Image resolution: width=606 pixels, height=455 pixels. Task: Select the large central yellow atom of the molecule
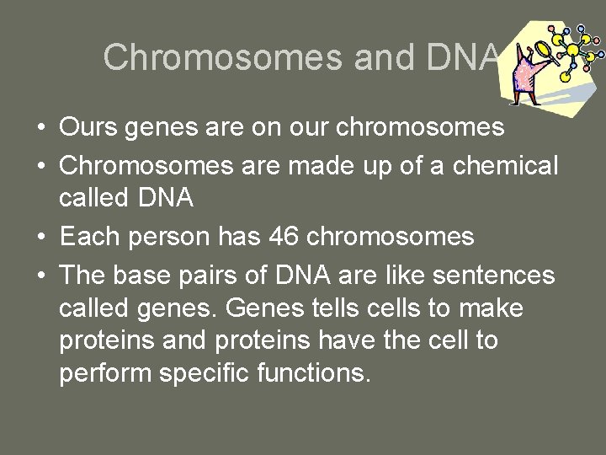(573, 51)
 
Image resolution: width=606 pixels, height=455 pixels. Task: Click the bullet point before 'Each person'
(41, 238)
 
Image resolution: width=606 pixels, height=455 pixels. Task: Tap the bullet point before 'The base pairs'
(41, 276)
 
